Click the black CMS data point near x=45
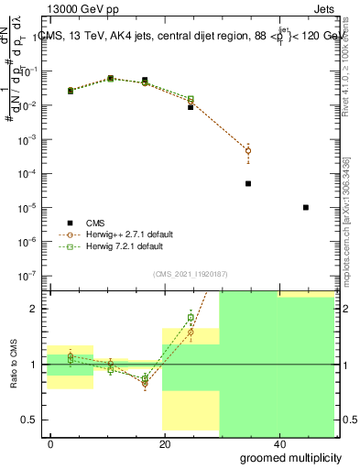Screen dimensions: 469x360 click(x=306, y=208)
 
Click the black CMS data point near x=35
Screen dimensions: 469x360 click(x=248, y=183)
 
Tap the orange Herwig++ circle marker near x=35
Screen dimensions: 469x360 click(x=248, y=150)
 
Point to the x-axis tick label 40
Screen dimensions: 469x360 click(x=278, y=443)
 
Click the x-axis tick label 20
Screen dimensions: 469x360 click(x=164, y=443)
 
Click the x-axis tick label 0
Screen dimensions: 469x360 click(x=50, y=443)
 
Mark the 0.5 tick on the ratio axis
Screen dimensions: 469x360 click(x=31, y=420)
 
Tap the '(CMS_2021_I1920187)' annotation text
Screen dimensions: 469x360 click(x=190, y=274)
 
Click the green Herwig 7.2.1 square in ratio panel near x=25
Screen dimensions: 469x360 click(x=191, y=318)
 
